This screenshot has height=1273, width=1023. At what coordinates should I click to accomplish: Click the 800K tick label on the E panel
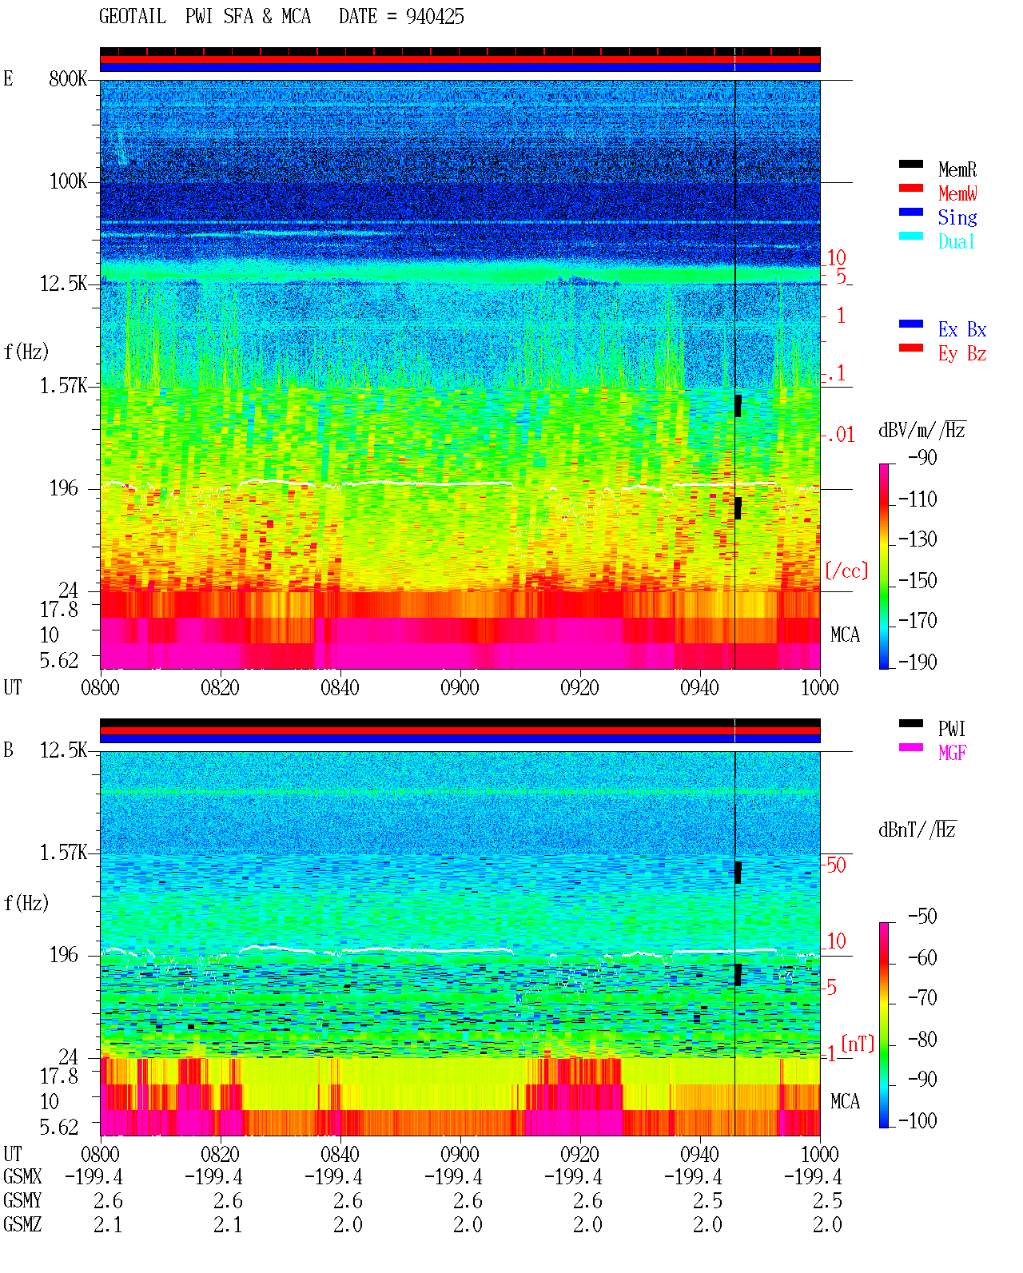point(68,78)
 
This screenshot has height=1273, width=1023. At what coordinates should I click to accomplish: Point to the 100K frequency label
point(68,181)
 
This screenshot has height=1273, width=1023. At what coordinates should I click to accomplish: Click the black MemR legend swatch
point(910,164)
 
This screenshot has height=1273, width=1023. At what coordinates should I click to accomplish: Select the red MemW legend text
point(957,193)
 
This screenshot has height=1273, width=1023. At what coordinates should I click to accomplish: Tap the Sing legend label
point(957,217)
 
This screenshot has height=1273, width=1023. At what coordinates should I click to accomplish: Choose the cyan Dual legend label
point(956,241)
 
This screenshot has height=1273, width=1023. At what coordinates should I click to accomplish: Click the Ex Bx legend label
point(962,329)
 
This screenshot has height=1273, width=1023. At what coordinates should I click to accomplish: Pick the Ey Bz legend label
point(962,354)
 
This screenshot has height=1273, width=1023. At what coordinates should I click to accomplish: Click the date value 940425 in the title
point(435,17)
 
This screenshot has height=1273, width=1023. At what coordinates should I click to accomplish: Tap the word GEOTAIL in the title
point(133,17)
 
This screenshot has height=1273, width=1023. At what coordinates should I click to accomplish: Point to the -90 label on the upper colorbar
point(922,457)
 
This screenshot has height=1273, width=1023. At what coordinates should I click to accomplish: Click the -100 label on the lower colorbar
point(918,1120)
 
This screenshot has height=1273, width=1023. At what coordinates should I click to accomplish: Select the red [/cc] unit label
point(846,571)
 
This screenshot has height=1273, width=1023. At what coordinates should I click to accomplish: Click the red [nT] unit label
point(858,1044)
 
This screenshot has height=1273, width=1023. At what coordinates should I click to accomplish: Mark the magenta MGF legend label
point(952,753)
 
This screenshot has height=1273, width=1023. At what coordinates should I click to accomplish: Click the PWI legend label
point(951,728)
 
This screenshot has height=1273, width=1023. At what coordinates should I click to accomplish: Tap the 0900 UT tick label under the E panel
point(460,687)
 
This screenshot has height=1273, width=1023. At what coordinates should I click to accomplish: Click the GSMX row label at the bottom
point(22,1176)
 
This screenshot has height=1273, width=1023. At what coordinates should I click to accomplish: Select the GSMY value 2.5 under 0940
point(707,1201)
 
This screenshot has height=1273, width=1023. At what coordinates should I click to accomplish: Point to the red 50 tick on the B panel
point(836,865)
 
